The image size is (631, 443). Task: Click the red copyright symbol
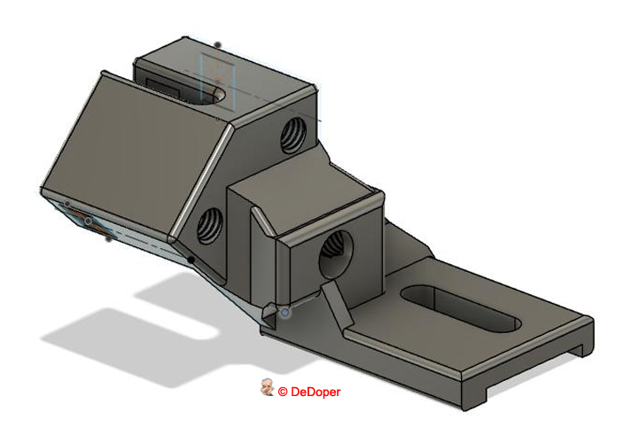[x=283, y=391]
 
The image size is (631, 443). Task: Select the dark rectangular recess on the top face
[x=163, y=84]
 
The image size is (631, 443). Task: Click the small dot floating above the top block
[x=218, y=43]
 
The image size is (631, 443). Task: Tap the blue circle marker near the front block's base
[x=285, y=313]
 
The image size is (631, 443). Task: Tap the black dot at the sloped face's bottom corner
[x=191, y=260]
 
